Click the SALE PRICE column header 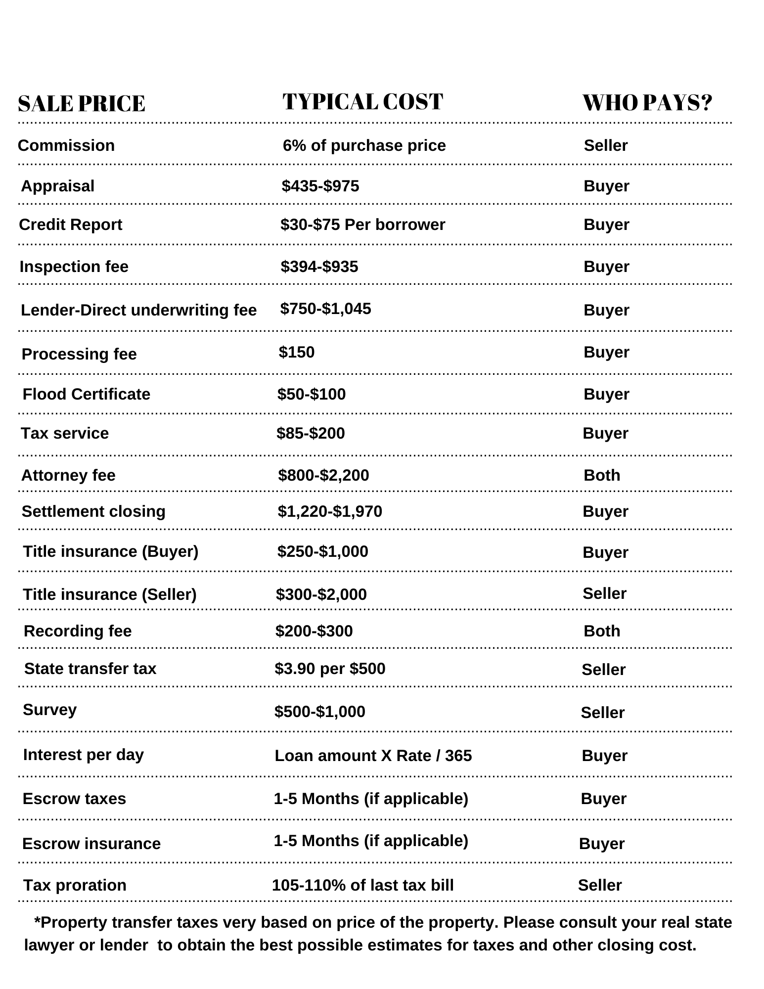[82, 104]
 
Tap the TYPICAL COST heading [362, 102]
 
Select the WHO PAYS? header [647, 103]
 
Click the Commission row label [66, 145]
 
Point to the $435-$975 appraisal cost [320, 186]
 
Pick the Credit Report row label [70, 225]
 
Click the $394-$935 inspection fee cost [319, 267]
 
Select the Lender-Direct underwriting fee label [138, 310]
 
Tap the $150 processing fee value [297, 352]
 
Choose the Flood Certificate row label [87, 394]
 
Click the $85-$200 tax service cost [311, 433]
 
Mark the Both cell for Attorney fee [602, 475]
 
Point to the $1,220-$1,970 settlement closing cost [330, 511]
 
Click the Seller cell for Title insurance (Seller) [604, 593]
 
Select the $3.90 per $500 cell [330, 669]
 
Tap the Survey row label [50, 710]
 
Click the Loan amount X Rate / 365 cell [373, 756]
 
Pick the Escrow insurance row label [91, 844]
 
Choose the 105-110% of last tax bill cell [363, 885]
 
